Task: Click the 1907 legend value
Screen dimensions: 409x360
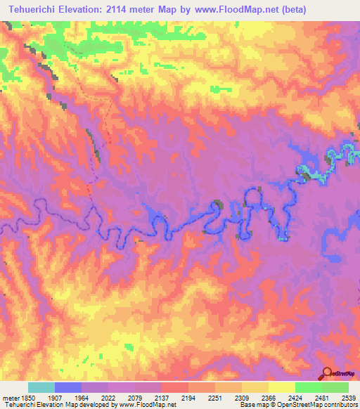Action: coord(56,398)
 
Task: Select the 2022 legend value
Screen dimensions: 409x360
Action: coord(109,398)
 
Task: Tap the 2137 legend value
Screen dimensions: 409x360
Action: coord(162,398)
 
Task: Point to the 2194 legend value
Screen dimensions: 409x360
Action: coord(188,398)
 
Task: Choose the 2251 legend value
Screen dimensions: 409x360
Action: coord(215,398)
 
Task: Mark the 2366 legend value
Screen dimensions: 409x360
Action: coord(269,398)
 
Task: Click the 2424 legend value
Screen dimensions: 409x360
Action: coord(295,398)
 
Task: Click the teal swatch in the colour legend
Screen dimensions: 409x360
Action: coord(41,387)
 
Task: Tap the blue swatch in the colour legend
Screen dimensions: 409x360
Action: coord(68,387)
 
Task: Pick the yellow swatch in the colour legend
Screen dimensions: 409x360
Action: coord(281,387)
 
